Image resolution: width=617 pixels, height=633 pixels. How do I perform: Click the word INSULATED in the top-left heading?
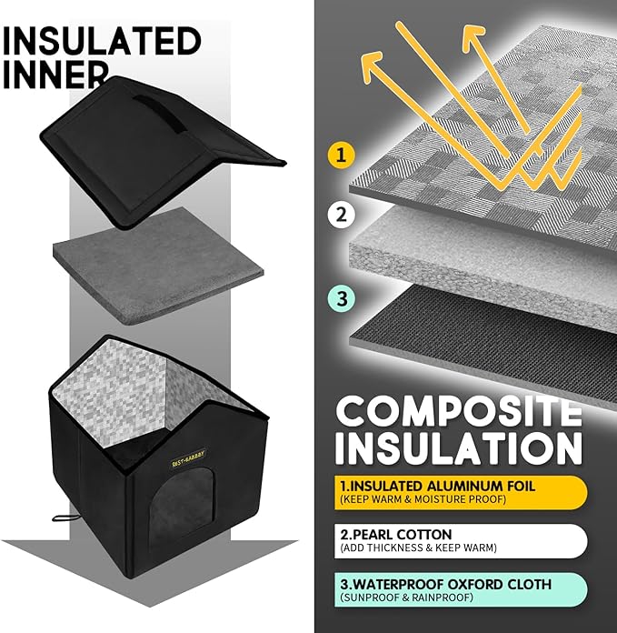pos(102,41)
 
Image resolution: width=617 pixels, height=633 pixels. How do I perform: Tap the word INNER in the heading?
pos(55,75)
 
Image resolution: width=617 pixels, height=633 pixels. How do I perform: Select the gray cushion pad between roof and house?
pos(158,266)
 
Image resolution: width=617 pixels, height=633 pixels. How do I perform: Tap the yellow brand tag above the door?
pos(188,458)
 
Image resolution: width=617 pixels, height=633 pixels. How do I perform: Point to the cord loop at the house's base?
pos(64,517)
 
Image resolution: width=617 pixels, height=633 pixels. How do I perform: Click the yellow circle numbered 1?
pos(341,155)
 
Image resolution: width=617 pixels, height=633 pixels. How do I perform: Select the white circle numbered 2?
pos(341,215)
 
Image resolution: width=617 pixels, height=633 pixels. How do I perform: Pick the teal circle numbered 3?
pos(342,298)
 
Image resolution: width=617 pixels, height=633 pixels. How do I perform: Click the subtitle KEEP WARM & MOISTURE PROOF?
pos(423,499)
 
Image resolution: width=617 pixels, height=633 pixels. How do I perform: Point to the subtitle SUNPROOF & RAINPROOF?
pos(406,597)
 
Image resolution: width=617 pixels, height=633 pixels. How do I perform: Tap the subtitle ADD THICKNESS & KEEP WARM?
pos(418,548)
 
